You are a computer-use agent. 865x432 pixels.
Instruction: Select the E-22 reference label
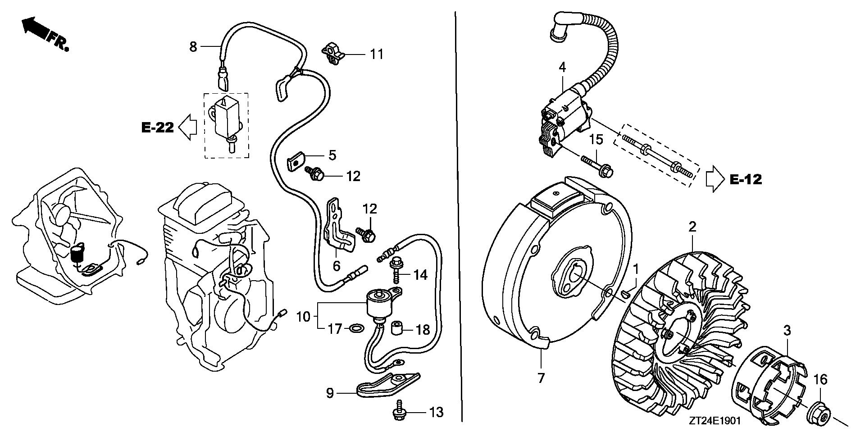158,128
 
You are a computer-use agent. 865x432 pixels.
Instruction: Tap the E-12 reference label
746,179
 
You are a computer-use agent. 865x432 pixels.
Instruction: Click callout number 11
377,55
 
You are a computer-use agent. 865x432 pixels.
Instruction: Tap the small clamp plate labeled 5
295,160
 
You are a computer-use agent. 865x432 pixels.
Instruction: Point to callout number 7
541,377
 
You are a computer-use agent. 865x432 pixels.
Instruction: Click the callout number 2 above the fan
692,227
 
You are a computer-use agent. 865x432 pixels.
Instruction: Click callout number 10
304,317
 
